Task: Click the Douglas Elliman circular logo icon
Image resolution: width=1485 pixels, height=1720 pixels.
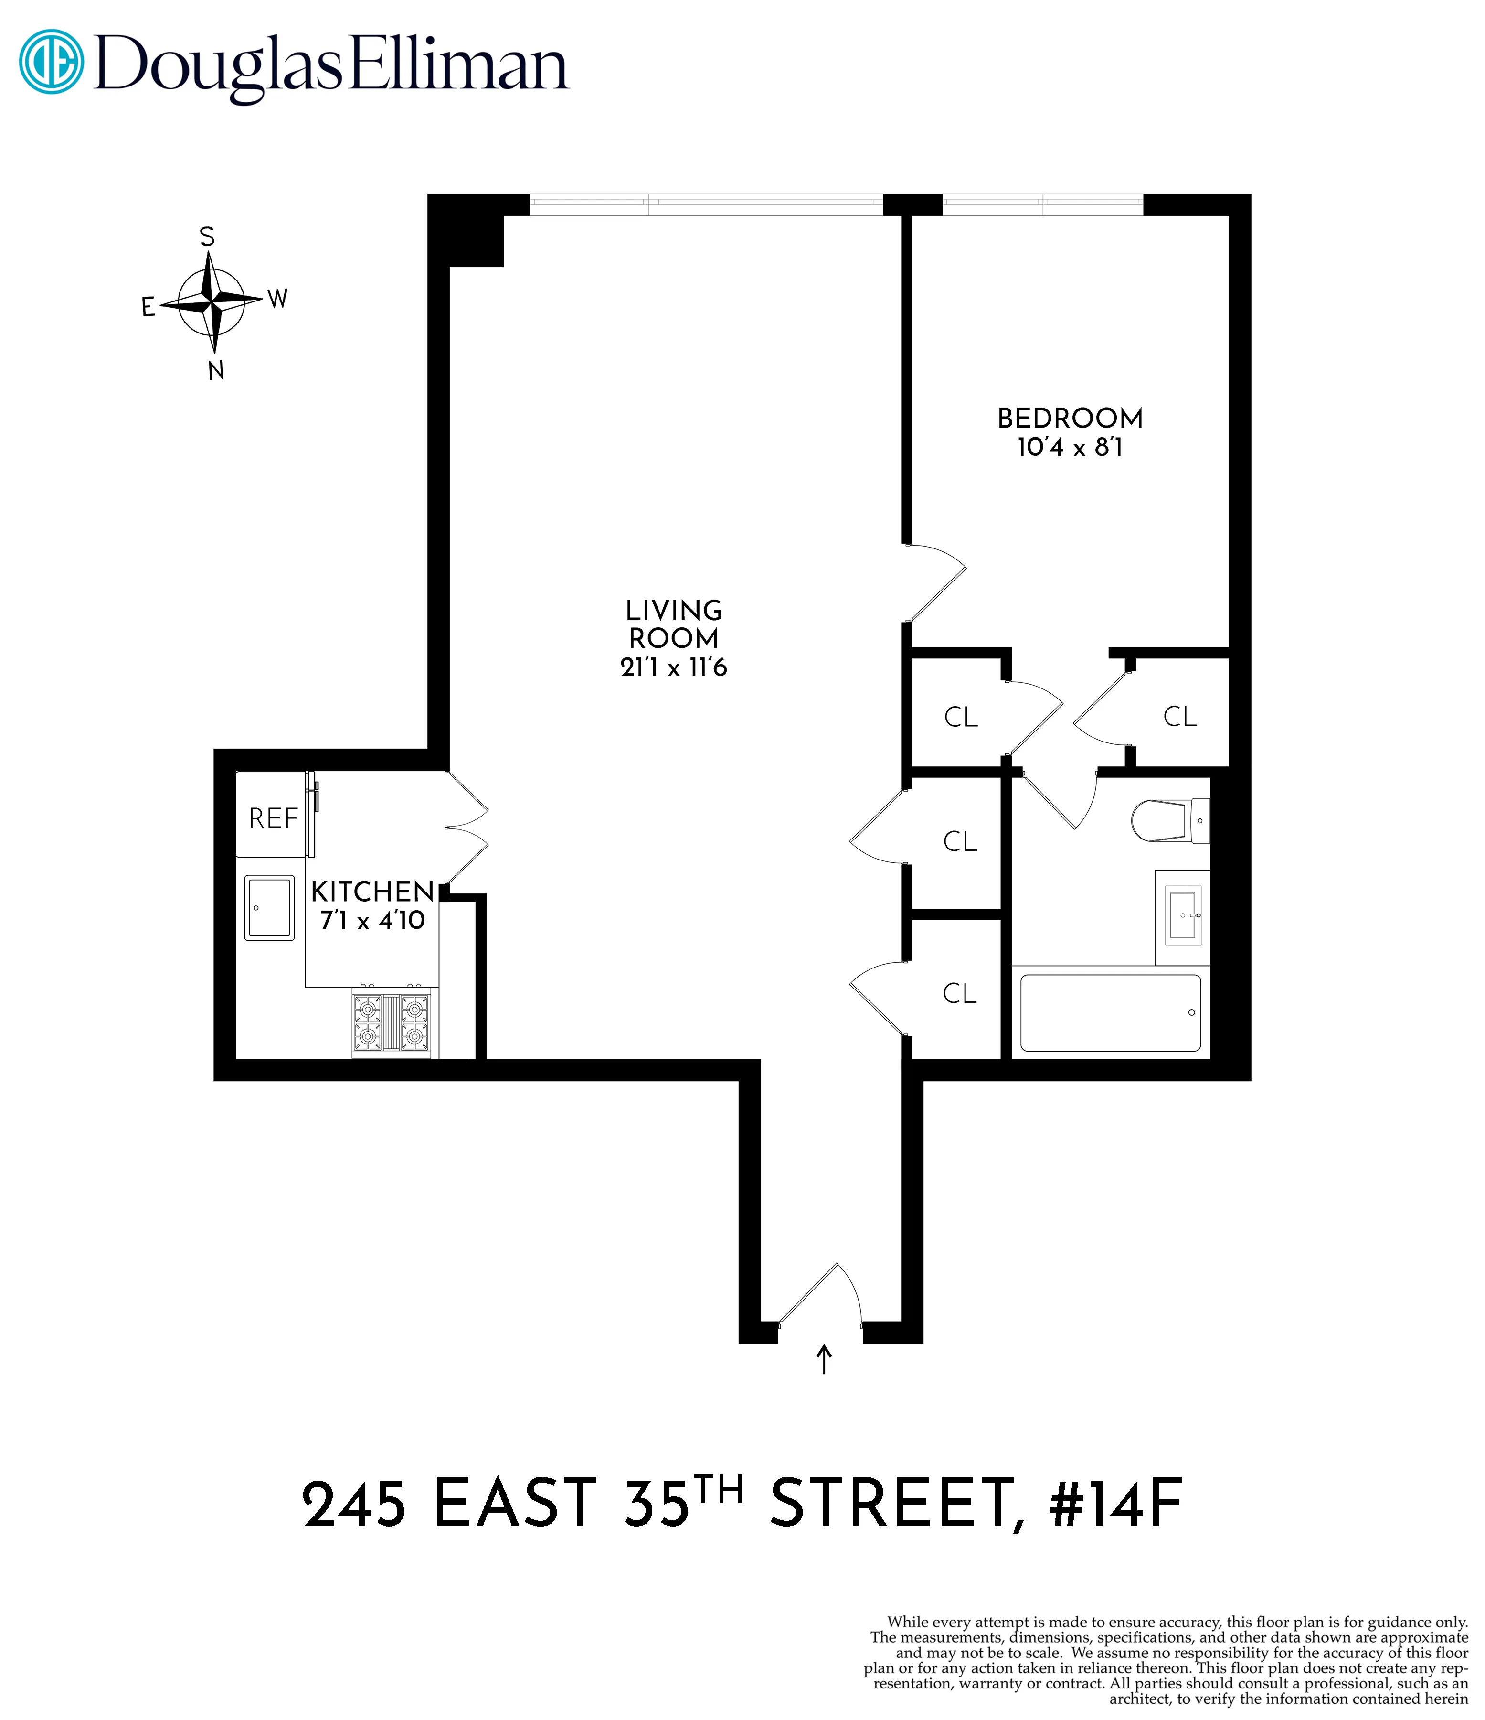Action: pos(52,62)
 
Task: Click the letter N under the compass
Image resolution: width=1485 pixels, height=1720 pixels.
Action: pos(216,371)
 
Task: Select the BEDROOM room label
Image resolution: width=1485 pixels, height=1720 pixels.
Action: pos(1070,419)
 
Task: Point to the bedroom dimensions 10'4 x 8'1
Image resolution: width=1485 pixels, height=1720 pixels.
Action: pos(1070,447)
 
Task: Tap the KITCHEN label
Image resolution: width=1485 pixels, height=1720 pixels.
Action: pos(372,892)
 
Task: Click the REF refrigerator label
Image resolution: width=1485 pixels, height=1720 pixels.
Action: pos(273,818)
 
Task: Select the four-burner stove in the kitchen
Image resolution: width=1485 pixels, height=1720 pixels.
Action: pos(392,1023)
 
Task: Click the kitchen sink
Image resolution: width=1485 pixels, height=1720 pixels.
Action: pos(269,907)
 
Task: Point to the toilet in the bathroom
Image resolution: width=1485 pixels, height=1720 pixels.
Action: pos(1168,820)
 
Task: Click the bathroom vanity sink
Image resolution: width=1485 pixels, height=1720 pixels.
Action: pos(1183,915)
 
